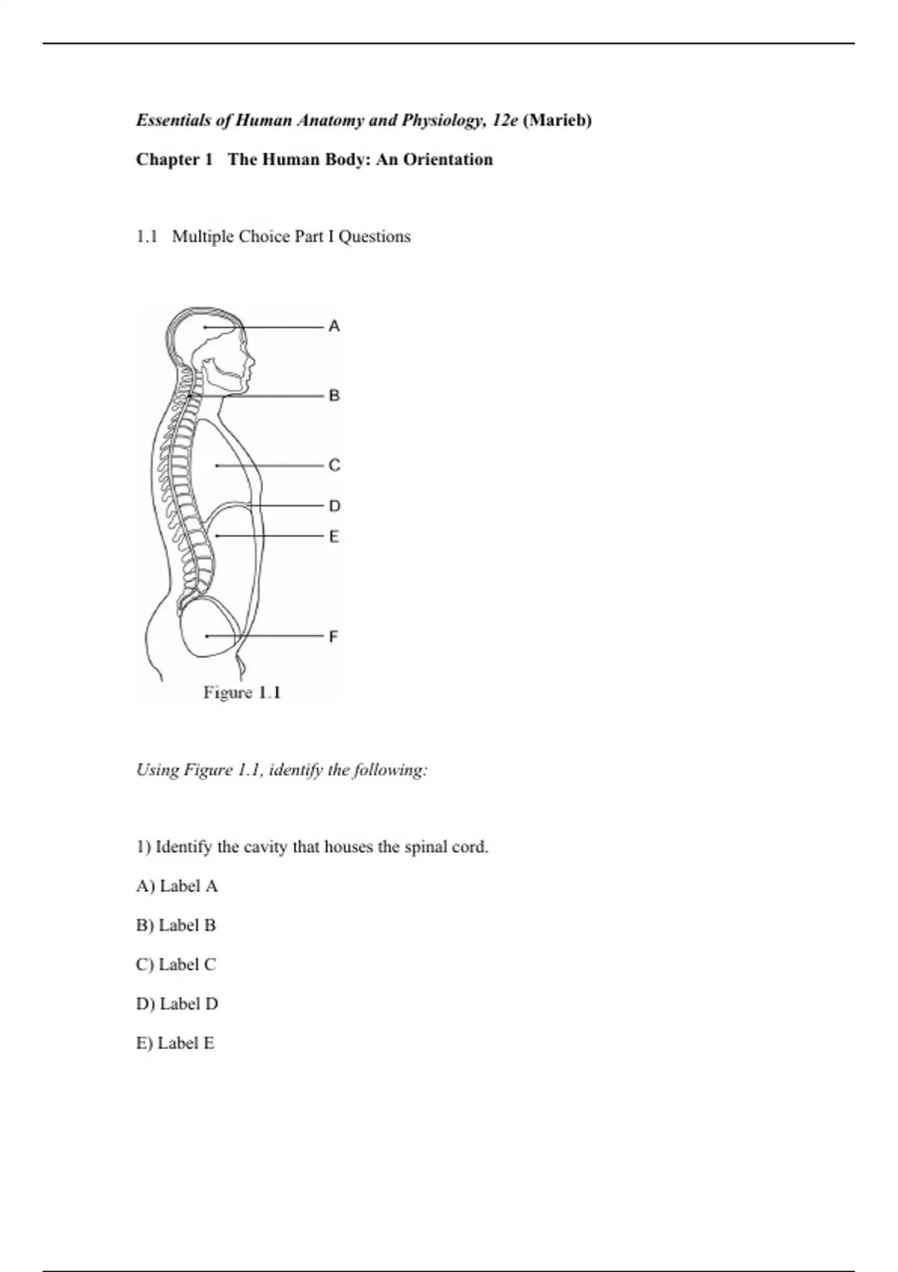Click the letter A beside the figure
[x=334, y=326]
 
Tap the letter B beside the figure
[x=334, y=395]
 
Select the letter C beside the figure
[x=334, y=465]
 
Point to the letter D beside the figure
[x=334, y=507]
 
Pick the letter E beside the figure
[x=334, y=536]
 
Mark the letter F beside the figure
[x=334, y=637]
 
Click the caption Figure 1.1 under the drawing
[x=242, y=693]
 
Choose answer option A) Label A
[x=177, y=886]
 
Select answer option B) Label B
[x=176, y=926]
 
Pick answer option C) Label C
[x=176, y=964]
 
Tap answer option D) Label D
[x=177, y=1003]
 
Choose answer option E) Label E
[x=175, y=1043]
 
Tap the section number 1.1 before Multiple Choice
[x=147, y=236]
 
